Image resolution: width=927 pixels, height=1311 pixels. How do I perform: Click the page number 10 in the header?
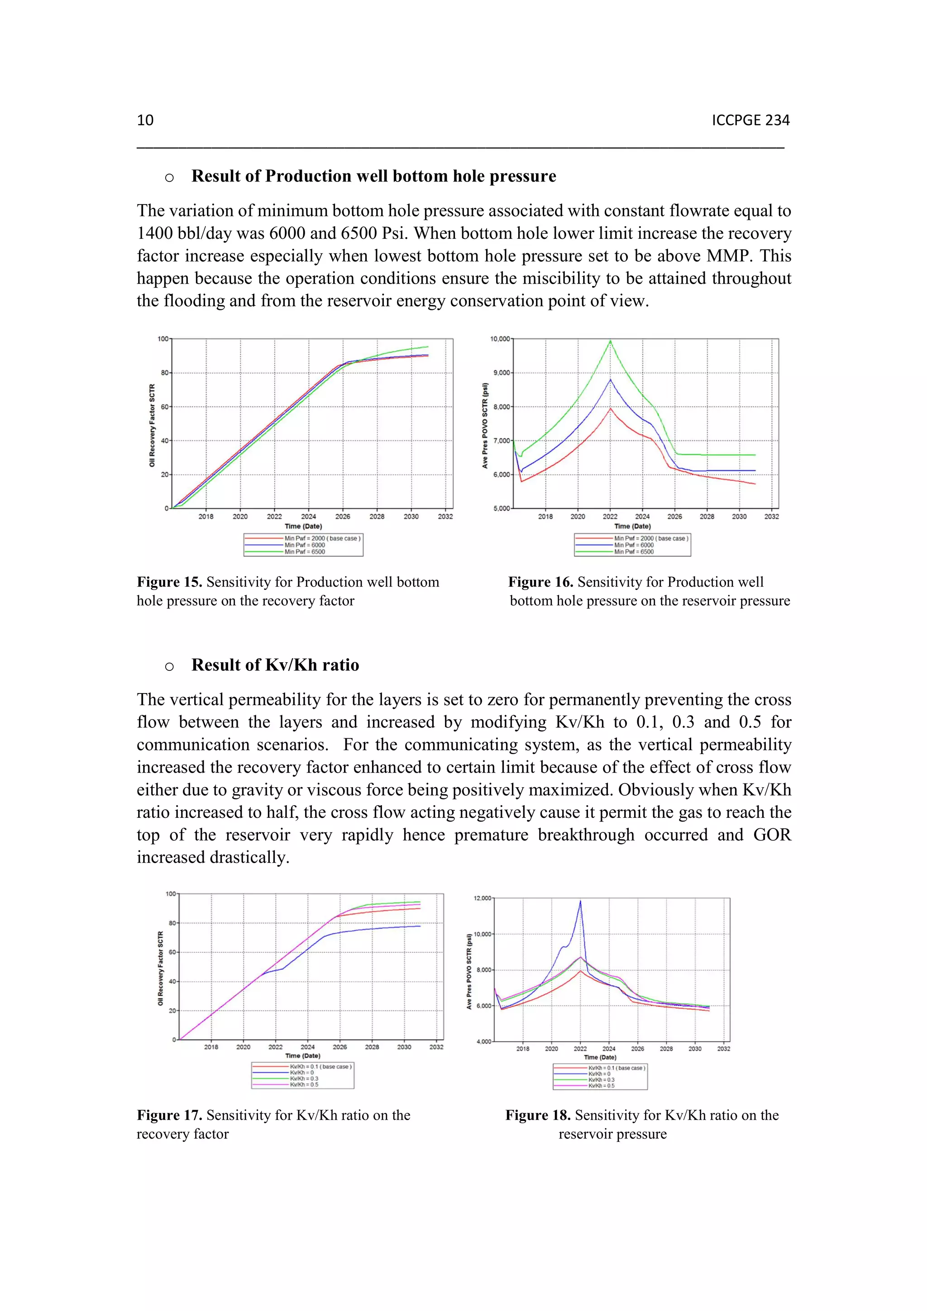[145, 120]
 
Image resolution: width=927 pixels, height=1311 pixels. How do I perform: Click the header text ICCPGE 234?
[750, 120]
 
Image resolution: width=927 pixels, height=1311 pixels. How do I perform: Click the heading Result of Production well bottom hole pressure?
[373, 176]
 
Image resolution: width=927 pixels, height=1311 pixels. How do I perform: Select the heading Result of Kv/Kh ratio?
[275, 665]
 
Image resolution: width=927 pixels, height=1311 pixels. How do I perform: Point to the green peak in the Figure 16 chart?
[610, 342]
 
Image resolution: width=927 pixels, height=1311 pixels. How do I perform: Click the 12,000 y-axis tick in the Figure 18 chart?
[482, 898]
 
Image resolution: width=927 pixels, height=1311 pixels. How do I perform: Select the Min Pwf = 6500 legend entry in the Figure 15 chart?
[305, 551]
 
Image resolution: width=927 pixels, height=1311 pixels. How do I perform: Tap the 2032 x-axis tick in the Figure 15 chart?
[445, 516]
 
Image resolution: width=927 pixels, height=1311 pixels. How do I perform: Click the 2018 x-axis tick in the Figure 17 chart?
[211, 1047]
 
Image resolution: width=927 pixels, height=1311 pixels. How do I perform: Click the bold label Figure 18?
[537, 1115]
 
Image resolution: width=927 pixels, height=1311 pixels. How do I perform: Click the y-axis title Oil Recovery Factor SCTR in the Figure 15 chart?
[152, 425]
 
